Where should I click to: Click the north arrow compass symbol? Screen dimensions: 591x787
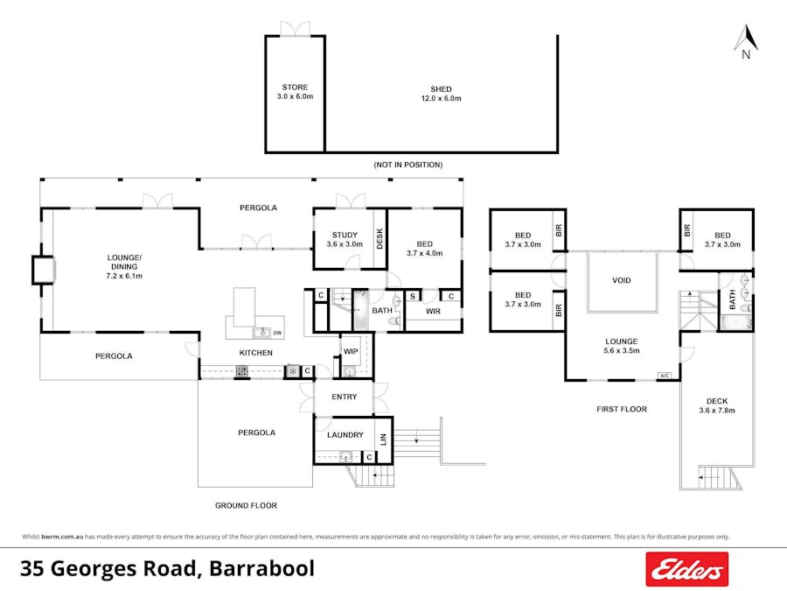tap(745, 39)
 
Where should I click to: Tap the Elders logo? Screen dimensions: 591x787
tap(686, 570)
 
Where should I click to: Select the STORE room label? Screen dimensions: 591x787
tap(295, 92)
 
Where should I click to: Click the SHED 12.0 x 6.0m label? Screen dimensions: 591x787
tap(441, 94)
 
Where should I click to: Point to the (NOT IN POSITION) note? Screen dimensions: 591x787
tap(407, 165)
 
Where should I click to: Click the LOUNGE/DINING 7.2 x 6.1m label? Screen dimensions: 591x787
tap(123, 266)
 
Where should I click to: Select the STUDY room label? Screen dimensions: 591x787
tap(345, 239)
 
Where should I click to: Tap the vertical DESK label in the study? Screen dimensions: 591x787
tap(380, 239)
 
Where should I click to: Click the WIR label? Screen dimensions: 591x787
tap(433, 311)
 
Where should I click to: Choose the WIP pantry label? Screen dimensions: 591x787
tap(351, 351)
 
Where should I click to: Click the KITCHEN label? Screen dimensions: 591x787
tap(256, 353)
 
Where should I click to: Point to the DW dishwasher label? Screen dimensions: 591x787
tap(277, 333)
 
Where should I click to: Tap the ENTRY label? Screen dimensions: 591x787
tap(345, 397)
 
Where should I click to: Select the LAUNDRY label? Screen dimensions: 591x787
tap(345, 435)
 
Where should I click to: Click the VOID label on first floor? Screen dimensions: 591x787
tap(622, 281)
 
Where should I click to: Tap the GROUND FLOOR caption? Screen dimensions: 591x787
tap(246, 505)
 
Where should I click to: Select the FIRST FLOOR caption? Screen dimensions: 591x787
tap(622, 409)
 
